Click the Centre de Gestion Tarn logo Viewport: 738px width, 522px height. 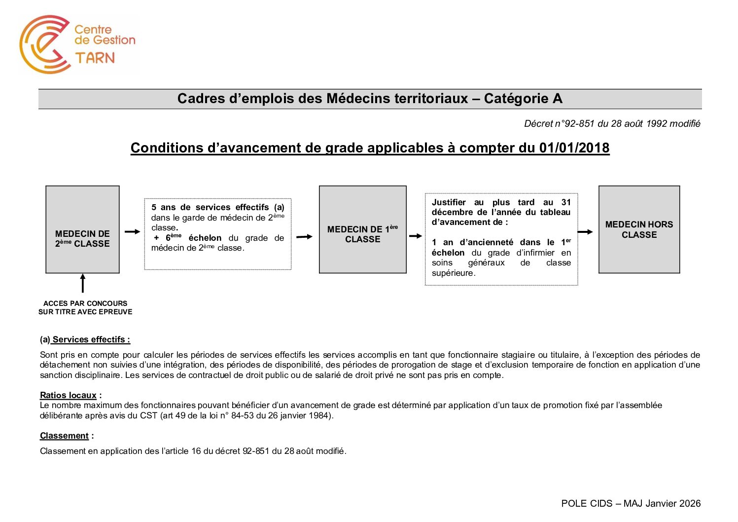pyautogui.click(x=77, y=44)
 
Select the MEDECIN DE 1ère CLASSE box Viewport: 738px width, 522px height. pyautogui.click(x=362, y=229)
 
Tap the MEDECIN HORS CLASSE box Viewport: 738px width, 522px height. pyautogui.click(x=639, y=229)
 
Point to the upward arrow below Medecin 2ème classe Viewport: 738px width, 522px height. pyautogui.click(x=83, y=283)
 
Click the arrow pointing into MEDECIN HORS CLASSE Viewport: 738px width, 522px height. pyautogui.click(x=585, y=232)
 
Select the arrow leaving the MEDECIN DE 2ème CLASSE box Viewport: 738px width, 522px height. pyautogui.click(x=132, y=231)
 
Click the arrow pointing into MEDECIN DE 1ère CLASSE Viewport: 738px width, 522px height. pyautogui.click(x=304, y=237)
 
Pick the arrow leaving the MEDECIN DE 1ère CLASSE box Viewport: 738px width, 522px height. pyautogui.click(x=416, y=236)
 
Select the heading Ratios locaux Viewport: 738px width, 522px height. pyautogui.click(x=68, y=395)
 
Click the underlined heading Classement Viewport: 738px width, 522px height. pyautogui.click(x=64, y=436)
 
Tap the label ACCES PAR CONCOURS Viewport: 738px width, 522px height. pyautogui.click(x=85, y=303)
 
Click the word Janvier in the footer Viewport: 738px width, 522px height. pyautogui.click(x=661, y=503)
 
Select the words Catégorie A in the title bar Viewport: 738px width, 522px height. pyautogui.click(x=523, y=99)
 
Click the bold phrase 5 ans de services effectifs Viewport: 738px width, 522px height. pyautogui.click(x=211, y=207)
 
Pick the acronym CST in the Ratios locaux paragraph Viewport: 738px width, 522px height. pyautogui.click(x=148, y=415)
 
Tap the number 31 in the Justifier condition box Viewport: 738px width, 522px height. pyautogui.click(x=566, y=202)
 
